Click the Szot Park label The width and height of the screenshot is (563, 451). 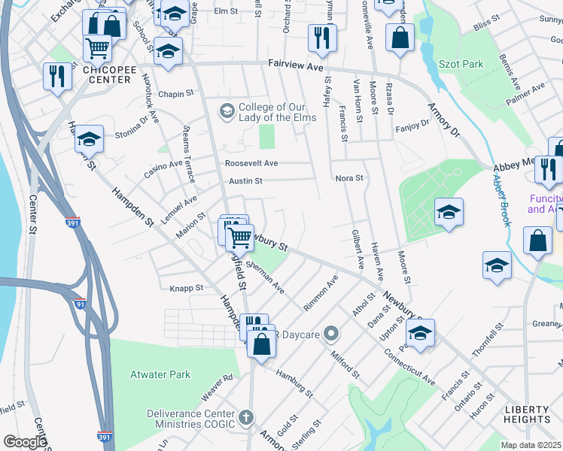[x=462, y=65]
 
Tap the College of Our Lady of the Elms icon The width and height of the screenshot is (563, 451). [x=226, y=111]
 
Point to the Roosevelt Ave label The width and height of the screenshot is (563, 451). [x=251, y=163]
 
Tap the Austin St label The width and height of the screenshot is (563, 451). [x=245, y=181]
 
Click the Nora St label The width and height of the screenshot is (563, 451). [x=349, y=178]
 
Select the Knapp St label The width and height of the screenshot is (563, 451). [x=187, y=288]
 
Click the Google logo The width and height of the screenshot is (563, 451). [x=25, y=442]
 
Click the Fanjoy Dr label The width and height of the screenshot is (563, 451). [x=411, y=128]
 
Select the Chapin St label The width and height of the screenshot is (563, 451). [x=177, y=94]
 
